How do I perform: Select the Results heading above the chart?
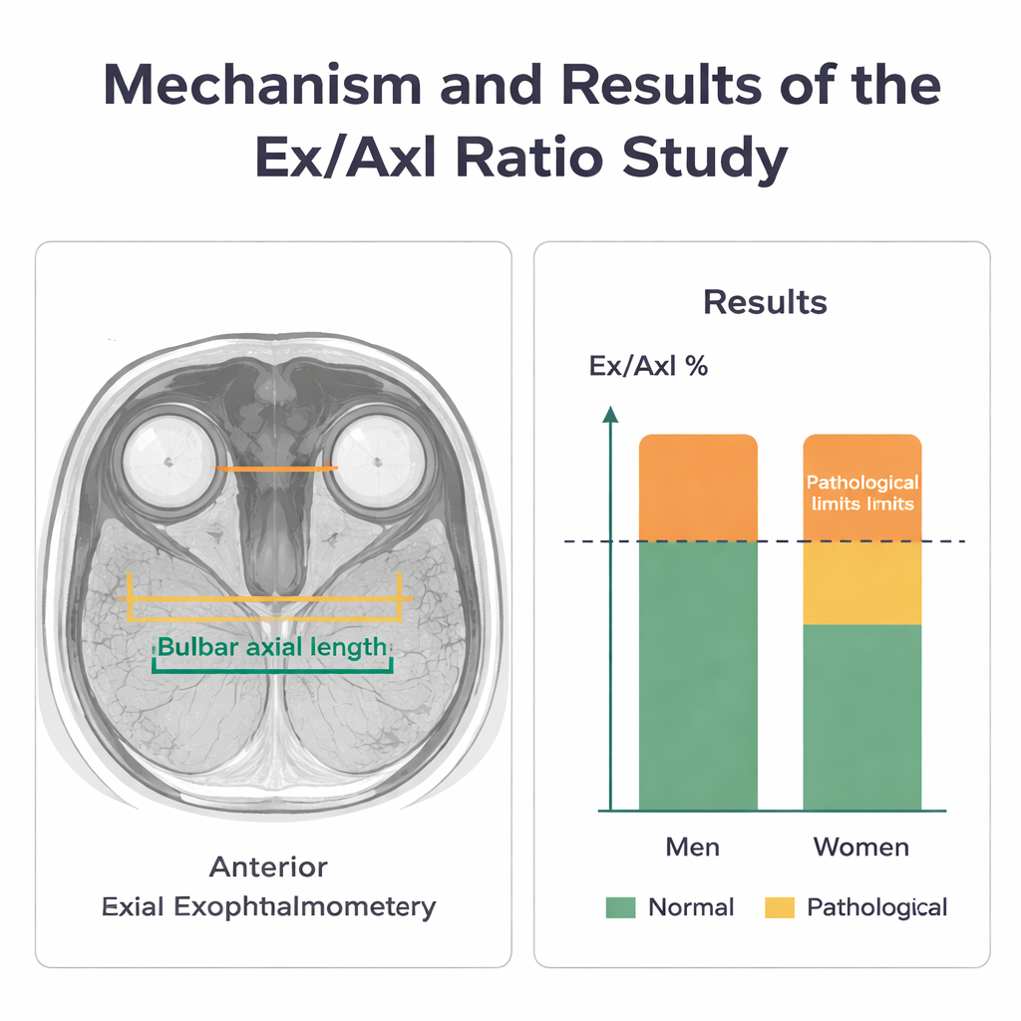pyautogui.click(x=765, y=301)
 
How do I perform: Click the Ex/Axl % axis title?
pyautogui.click(x=648, y=366)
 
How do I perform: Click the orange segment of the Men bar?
pyautogui.click(x=698, y=488)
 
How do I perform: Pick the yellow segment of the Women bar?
pyautogui.click(x=862, y=583)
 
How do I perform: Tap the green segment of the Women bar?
pyautogui.click(x=862, y=717)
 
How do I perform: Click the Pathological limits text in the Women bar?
pyautogui.click(x=862, y=493)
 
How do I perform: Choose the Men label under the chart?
pyautogui.click(x=692, y=848)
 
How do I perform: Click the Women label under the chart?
pyautogui.click(x=861, y=848)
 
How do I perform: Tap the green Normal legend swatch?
pyautogui.click(x=620, y=907)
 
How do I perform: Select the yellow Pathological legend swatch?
pyautogui.click(x=780, y=907)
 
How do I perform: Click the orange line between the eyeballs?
pyautogui.click(x=276, y=468)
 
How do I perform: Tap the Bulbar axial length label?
pyautogui.click(x=272, y=647)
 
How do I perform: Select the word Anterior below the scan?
pyautogui.click(x=268, y=866)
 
